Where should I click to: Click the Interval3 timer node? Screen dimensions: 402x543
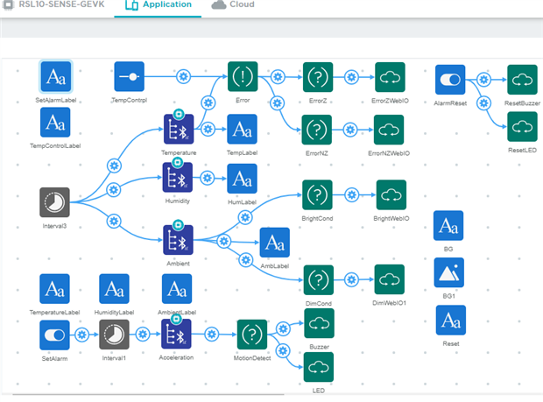click(54, 201)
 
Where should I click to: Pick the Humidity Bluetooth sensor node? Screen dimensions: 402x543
click(178, 178)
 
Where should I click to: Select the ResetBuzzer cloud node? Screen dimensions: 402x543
click(522, 80)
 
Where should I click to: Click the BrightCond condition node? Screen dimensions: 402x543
click(316, 194)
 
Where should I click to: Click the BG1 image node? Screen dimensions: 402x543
click(449, 273)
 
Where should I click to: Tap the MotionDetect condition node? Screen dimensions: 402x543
click(251, 335)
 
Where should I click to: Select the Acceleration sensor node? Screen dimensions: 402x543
click(177, 335)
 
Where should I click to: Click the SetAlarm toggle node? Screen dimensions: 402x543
click(54, 335)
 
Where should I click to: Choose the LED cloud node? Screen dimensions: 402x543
click(317, 366)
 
